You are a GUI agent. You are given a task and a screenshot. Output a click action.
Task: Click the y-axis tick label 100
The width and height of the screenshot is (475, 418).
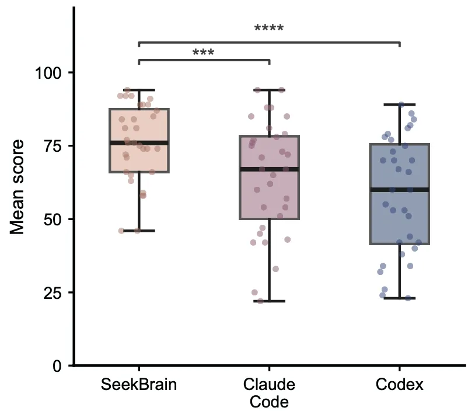coord(48,73)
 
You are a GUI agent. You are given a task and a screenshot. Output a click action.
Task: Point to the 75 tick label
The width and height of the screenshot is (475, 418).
coord(53,147)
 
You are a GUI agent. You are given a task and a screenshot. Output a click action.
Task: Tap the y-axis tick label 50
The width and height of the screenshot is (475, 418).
coord(53,220)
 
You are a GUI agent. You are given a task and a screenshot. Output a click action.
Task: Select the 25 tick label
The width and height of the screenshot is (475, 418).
coord(53,293)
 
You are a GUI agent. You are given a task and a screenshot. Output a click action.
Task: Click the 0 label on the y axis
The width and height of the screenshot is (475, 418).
coord(57,366)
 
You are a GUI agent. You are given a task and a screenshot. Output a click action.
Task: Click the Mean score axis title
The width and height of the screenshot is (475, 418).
coord(17,187)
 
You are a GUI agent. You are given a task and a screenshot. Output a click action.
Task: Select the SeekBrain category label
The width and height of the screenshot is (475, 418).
coord(139,385)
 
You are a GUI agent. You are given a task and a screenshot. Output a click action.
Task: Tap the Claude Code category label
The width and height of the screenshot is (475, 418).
coord(269,393)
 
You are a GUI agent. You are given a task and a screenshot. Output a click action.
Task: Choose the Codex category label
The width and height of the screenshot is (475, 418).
coord(399,385)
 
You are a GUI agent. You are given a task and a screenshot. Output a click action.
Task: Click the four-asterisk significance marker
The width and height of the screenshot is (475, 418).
coord(269,28)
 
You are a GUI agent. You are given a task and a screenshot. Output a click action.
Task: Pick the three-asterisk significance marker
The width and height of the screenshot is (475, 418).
coord(203,52)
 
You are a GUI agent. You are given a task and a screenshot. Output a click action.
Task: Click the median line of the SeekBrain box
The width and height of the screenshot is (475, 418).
coord(139,143)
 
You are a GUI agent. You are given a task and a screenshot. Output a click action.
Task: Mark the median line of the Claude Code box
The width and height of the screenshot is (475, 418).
coord(270,169)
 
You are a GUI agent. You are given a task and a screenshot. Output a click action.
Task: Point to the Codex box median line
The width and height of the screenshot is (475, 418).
coord(400,190)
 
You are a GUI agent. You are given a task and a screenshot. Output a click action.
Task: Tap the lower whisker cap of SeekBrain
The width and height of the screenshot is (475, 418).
coord(139,231)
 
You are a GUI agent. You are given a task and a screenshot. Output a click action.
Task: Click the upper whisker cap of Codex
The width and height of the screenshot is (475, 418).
coord(400,104)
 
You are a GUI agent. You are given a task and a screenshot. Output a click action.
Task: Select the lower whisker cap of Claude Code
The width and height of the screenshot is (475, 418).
coord(270,301)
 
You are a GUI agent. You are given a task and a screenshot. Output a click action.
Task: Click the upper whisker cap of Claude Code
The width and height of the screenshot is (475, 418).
coord(270,90)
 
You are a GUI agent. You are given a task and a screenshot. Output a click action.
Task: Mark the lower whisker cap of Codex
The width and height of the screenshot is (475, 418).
coord(400,298)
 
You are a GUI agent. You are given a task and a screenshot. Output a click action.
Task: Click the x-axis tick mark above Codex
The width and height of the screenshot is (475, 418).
coord(400,368)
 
